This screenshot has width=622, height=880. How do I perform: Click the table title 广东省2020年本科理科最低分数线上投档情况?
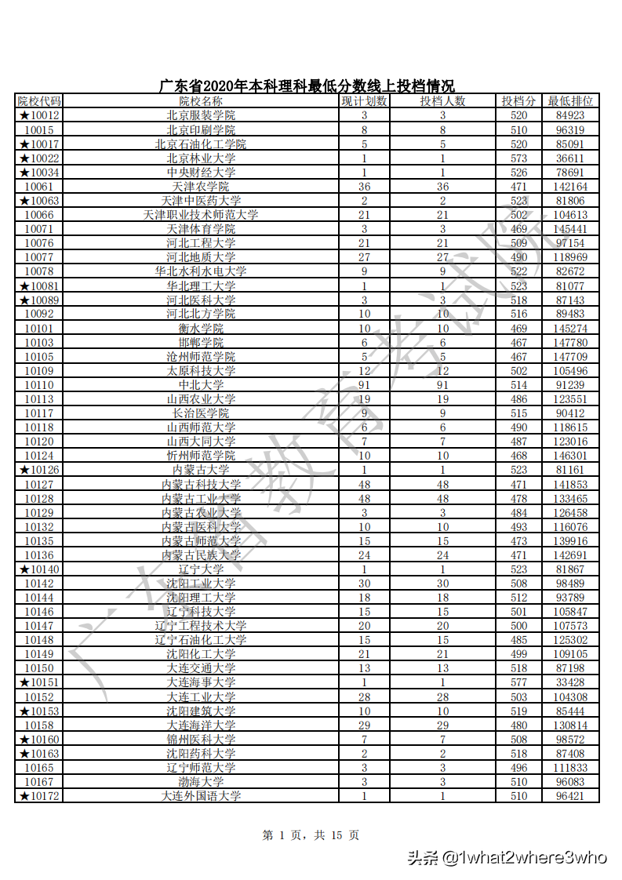(307, 86)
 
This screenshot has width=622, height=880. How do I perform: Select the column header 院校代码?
(39, 101)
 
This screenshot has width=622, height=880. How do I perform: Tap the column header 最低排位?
(570, 101)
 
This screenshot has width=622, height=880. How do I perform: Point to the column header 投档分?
(518, 101)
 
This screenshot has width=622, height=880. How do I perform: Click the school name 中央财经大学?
(201, 173)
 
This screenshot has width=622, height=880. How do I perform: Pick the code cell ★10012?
(39, 115)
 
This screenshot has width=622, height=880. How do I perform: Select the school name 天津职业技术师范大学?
(201, 215)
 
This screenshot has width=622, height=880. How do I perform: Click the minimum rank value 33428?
(570, 682)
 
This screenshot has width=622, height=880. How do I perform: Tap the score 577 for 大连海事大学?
(518, 682)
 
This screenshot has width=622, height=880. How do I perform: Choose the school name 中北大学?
(201, 385)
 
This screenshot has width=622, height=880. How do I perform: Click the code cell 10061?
(39, 187)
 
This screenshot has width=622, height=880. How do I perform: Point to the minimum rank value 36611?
(570, 158)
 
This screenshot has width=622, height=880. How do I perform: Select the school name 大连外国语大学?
(201, 796)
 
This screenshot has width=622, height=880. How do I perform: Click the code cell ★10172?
(39, 796)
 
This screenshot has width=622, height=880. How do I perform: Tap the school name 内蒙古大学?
(201, 470)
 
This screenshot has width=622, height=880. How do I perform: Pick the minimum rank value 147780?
(570, 343)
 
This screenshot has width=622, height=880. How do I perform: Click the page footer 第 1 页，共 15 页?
(311, 836)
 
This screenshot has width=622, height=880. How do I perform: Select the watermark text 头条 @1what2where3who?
(507, 857)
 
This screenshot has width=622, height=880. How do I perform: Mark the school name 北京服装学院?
(201, 115)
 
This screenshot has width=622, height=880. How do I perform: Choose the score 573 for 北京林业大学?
(518, 158)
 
